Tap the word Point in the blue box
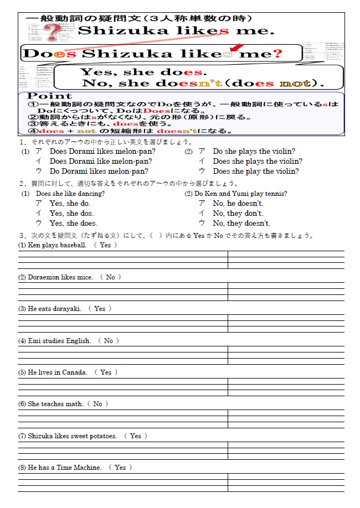(x=50, y=96)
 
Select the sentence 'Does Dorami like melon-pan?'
(x=100, y=161)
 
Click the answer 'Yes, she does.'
(x=73, y=223)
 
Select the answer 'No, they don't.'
(x=238, y=213)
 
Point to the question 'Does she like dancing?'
(x=70, y=194)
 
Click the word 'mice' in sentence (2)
(x=85, y=277)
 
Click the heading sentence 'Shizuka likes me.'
(x=176, y=30)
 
